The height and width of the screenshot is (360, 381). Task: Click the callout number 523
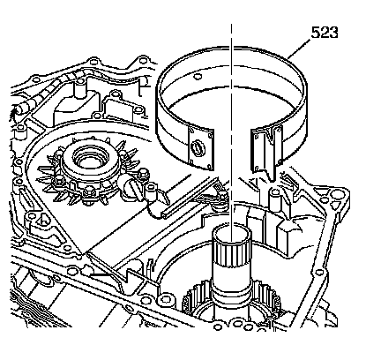325,33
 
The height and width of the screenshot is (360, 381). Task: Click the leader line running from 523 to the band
298,49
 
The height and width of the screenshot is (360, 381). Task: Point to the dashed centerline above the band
231,34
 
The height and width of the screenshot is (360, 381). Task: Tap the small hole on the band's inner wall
198,77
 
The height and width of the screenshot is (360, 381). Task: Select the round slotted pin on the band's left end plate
196,146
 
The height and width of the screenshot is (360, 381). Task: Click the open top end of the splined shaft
232,231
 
